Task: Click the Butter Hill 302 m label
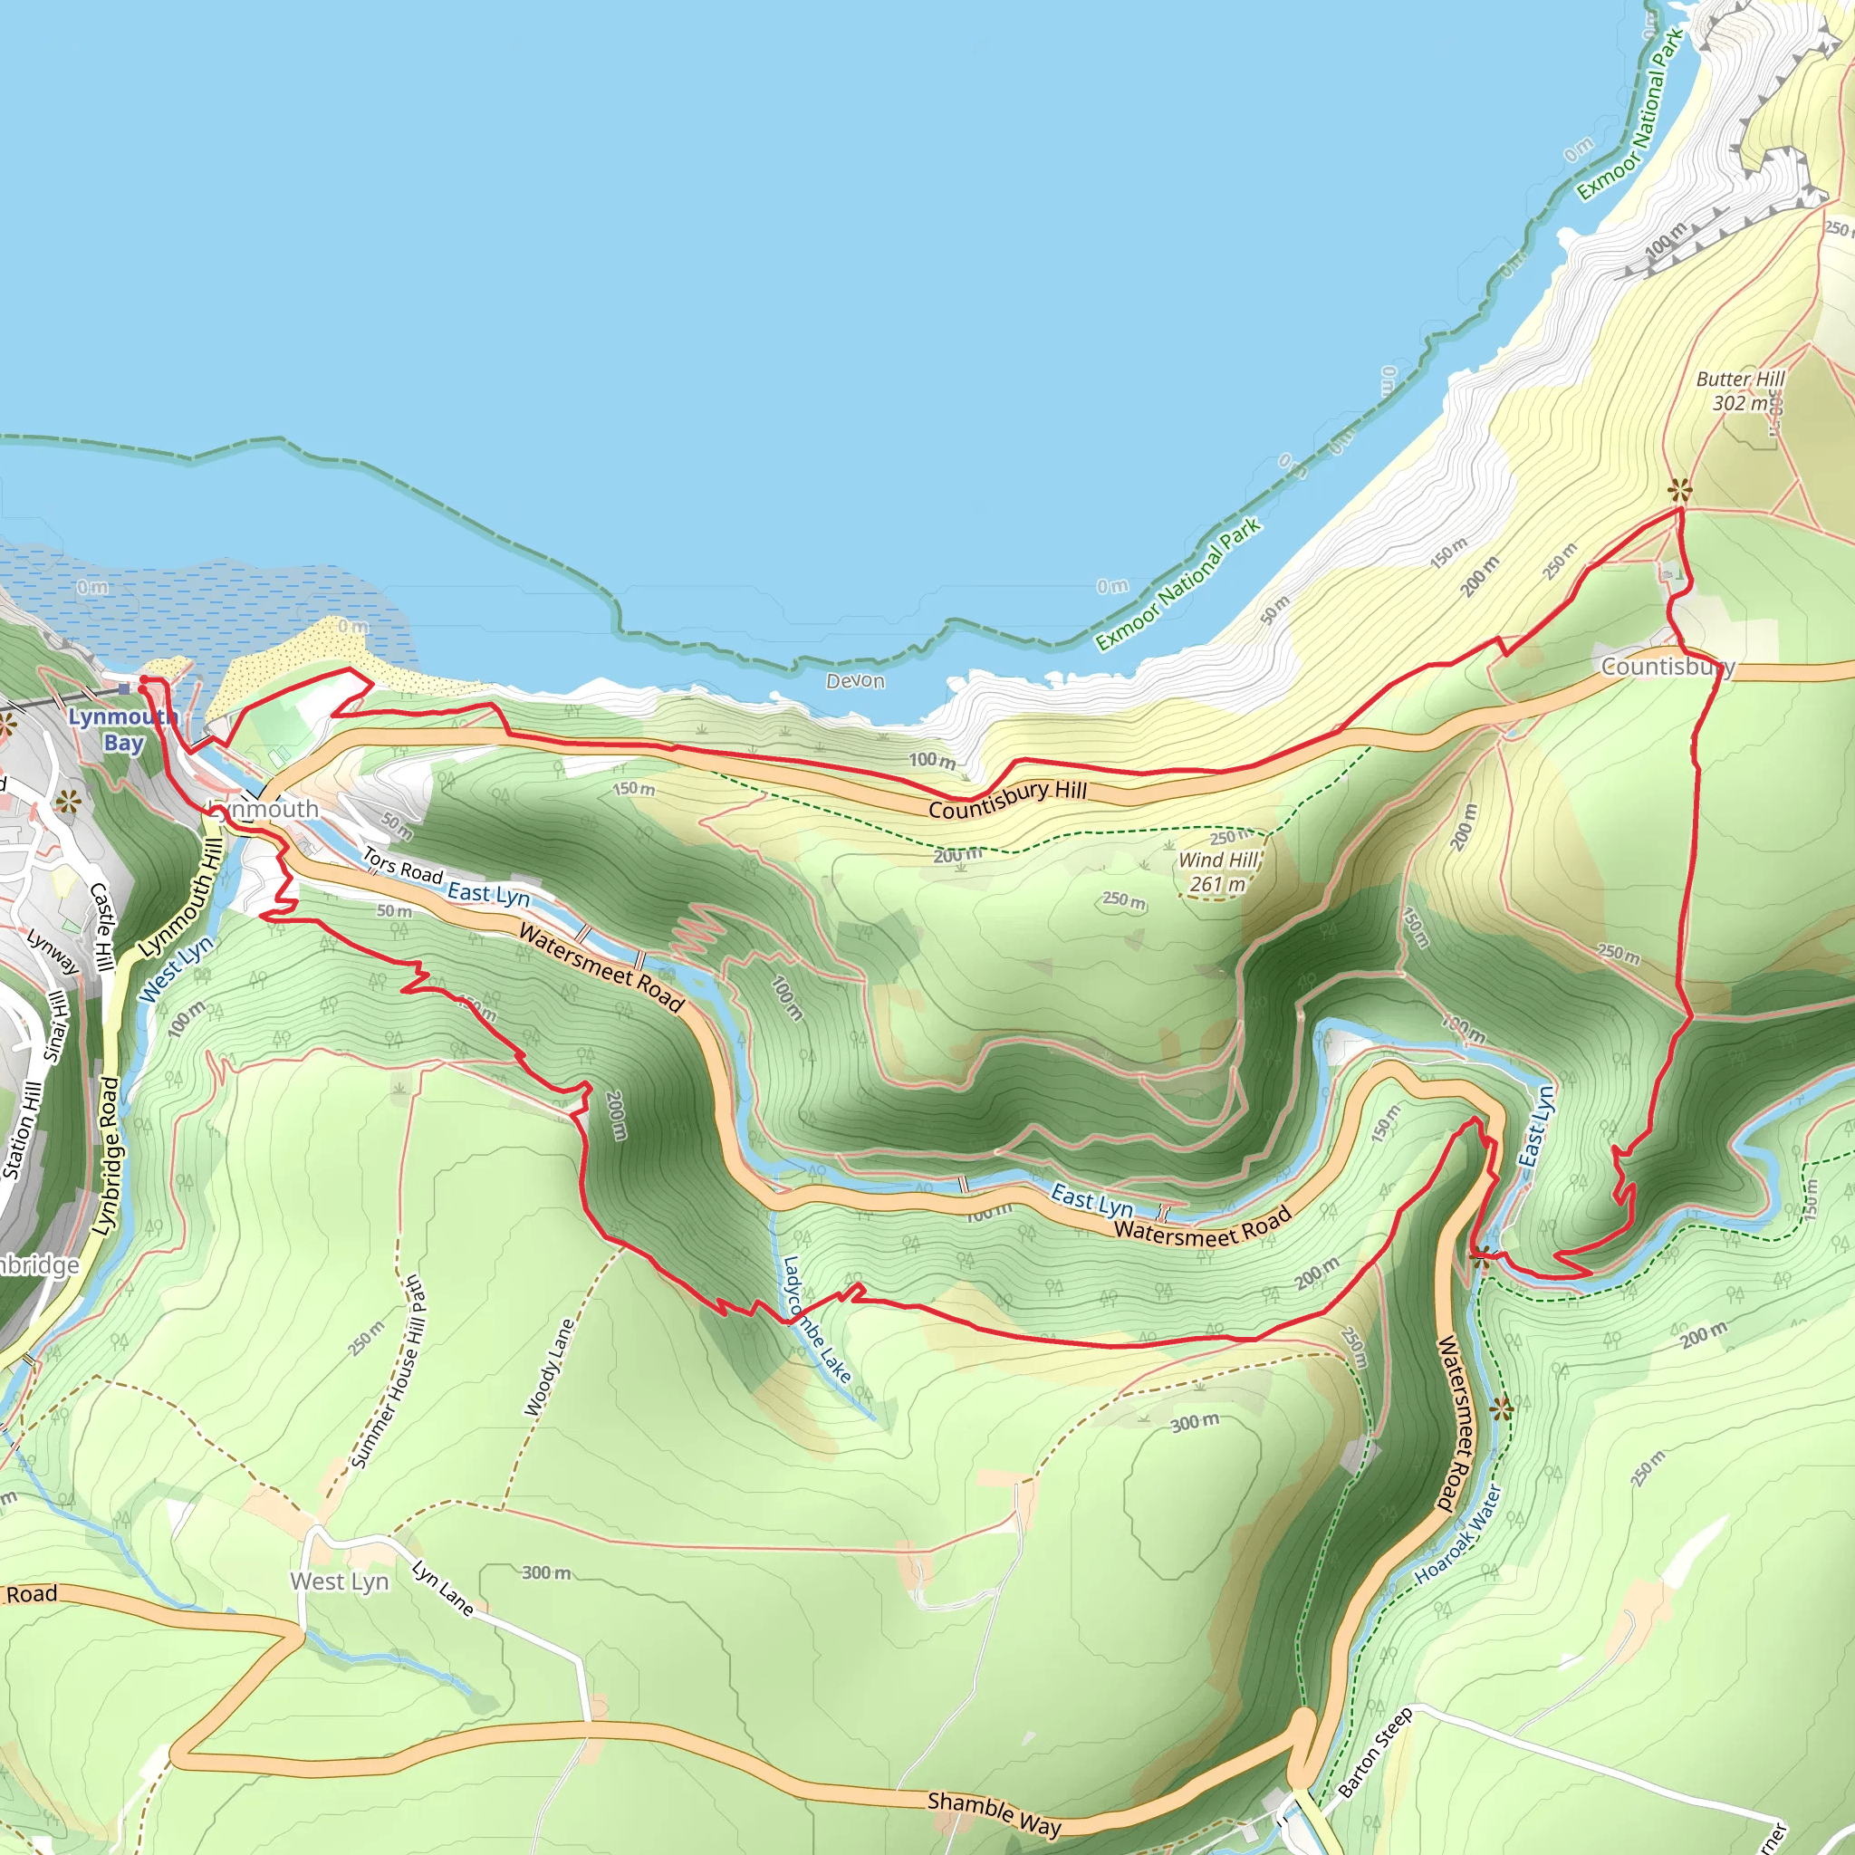(1739, 390)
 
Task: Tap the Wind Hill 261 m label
(1217, 872)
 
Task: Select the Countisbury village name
(1667, 667)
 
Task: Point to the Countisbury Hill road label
(1007, 799)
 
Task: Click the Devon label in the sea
(855, 681)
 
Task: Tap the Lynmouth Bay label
(122, 730)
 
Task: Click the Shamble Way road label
(994, 1813)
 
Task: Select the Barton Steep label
(1375, 1753)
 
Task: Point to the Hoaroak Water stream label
(1457, 1534)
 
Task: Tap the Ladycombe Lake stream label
(816, 1318)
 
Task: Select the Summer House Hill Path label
(387, 1372)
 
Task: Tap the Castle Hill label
(101, 927)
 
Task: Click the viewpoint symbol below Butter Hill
(1679, 491)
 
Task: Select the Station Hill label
(22, 1129)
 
